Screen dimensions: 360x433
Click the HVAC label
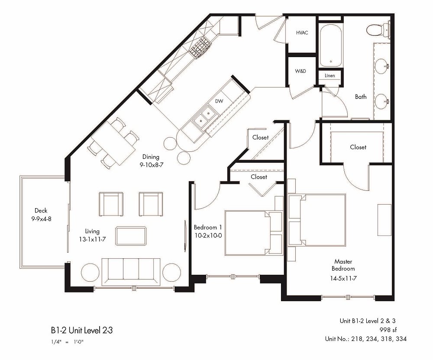coord(302,33)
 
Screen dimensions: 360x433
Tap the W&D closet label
coord(301,71)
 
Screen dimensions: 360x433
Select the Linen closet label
coord(330,76)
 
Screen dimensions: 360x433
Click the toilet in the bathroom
coord(375,30)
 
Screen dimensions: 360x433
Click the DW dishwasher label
coord(219,101)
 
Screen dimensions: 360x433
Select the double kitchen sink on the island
coord(205,119)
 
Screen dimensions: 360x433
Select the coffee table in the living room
coord(131,237)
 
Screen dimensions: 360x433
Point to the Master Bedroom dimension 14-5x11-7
coord(343,279)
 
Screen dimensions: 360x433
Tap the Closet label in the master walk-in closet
coord(358,147)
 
